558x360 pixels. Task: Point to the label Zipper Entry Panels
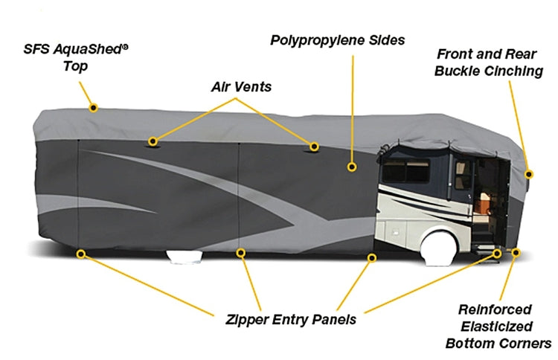[x=290, y=319]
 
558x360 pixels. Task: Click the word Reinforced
[x=495, y=309]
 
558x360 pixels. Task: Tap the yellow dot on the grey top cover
[x=93, y=107]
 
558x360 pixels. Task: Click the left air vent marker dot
[x=153, y=141]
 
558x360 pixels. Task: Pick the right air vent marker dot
[x=315, y=146]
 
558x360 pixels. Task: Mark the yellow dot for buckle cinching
[x=529, y=174]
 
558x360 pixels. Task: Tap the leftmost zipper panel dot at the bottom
[x=80, y=254]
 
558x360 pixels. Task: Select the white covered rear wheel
[x=184, y=257]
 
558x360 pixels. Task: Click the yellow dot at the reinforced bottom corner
[x=516, y=254]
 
